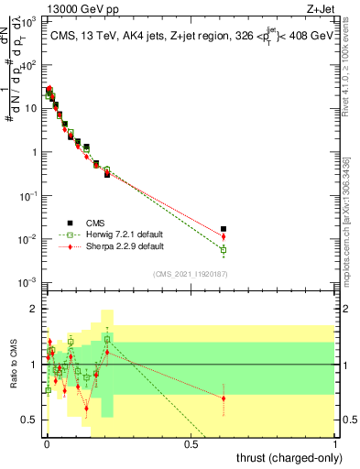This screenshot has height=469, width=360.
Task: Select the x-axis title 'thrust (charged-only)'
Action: (284, 458)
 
